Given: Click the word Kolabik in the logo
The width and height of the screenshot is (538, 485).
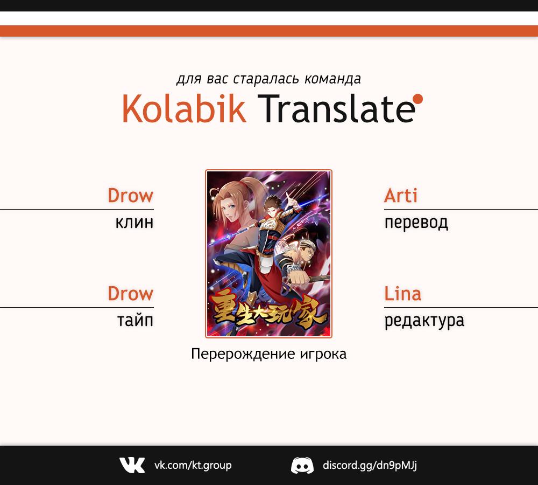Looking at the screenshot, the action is click(x=184, y=109).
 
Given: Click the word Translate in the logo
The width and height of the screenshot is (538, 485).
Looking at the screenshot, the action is click(x=336, y=109).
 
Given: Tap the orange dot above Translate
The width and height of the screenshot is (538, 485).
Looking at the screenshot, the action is click(x=418, y=99).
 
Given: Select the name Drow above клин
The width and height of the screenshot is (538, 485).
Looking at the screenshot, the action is click(x=130, y=196).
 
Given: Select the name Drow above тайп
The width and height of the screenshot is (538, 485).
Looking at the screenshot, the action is click(x=130, y=294).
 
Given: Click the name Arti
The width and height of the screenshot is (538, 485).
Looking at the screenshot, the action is click(x=401, y=196).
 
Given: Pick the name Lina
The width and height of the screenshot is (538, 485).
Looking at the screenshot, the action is click(x=402, y=294).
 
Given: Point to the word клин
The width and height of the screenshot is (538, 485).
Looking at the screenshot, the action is click(x=134, y=223).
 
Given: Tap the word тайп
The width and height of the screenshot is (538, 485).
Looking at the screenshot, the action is click(x=135, y=320).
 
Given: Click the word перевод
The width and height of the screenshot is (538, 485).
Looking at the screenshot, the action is click(x=416, y=223).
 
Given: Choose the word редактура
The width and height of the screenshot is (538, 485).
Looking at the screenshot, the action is click(x=424, y=321).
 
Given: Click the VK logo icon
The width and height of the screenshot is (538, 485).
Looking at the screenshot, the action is click(x=132, y=465).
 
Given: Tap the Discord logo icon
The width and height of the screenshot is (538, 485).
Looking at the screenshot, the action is click(x=302, y=466).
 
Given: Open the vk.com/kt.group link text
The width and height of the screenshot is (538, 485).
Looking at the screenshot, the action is click(x=193, y=466).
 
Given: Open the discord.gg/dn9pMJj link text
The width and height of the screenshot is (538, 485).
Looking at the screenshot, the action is click(x=370, y=466).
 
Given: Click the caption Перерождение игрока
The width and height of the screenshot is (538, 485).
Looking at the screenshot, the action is click(x=268, y=354).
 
